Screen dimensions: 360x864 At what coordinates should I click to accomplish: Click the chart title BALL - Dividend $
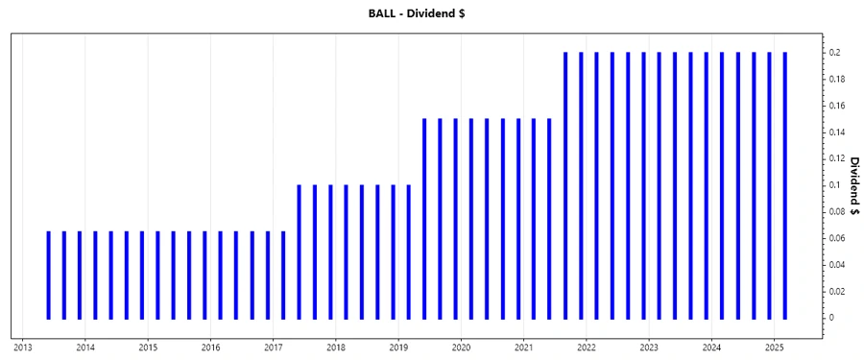(x=432, y=12)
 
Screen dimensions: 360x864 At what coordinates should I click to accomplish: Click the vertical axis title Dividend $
(x=852, y=185)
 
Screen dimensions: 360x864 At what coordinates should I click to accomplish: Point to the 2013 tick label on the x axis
(x=22, y=348)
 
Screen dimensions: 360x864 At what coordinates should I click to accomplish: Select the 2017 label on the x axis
(x=274, y=348)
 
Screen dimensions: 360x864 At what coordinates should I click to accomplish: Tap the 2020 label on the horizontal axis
(x=461, y=348)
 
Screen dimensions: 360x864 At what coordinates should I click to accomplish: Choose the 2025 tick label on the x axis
(x=775, y=348)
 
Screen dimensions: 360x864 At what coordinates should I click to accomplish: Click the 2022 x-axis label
(x=587, y=348)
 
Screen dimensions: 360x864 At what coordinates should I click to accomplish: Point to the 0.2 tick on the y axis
(x=836, y=53)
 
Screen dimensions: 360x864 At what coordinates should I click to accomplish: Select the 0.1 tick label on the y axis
(x=836, y=185)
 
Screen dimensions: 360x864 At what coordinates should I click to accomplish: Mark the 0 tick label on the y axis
(x=833, y=318)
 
